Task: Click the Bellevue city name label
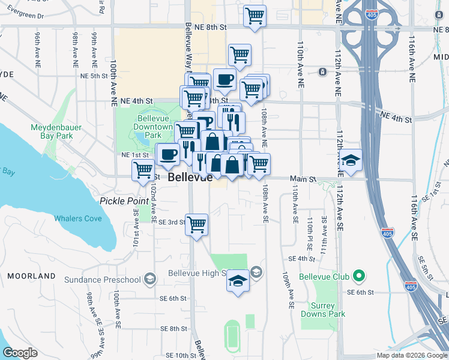click(190, 178)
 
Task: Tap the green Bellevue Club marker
click(360, 276)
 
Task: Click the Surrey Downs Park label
click(323, 310)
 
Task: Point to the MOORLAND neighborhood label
click(32, 276)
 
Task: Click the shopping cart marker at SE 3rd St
click(196, 225)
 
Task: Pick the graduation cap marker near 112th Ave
click(351, 160)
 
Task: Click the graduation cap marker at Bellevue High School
click(238, 281)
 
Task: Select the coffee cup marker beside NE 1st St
click(167, 154)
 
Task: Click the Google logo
click(20, 352)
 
